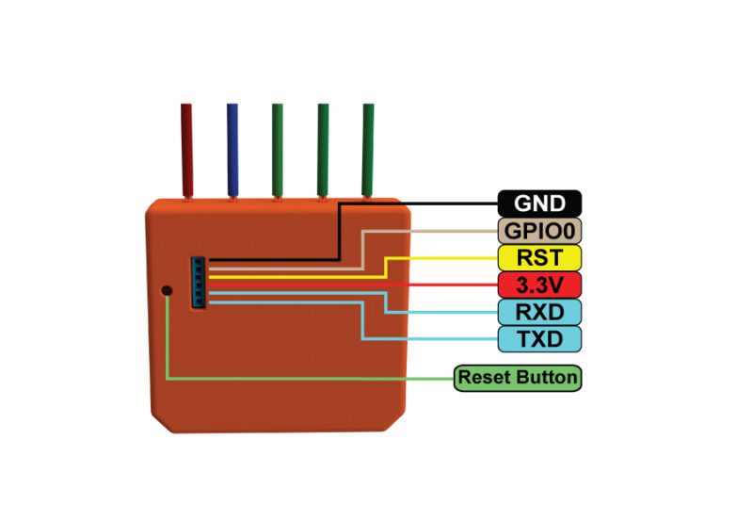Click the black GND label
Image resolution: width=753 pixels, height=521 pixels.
coord(539,203)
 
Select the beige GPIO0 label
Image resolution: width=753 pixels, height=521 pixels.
coord(539,230)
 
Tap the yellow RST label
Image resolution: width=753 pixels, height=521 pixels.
coord(539,256)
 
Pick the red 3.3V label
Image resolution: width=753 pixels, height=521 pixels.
coord(539,284)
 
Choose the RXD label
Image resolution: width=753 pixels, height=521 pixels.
coord(539,311)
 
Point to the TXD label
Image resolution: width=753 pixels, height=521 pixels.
coord(539,338)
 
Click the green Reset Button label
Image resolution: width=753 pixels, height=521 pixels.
coord(517,378)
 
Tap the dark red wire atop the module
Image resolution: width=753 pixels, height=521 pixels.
coord(186,151)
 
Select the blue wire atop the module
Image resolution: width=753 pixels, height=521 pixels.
coord(232,151)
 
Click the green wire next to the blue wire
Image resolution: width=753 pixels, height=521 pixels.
coord(278,151)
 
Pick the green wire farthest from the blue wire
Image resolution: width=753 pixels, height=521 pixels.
coord(368,151)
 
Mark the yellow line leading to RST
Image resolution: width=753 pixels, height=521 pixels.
coord(442,256)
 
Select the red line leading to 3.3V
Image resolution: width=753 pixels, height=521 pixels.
coord(376,284)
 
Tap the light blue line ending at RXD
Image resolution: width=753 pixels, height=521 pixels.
coord(442,312)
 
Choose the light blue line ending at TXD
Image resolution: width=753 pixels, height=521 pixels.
coord(424,338)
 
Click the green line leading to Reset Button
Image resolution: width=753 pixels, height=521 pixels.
coord(311,379)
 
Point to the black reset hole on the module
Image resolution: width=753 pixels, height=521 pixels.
coord(167,290)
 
